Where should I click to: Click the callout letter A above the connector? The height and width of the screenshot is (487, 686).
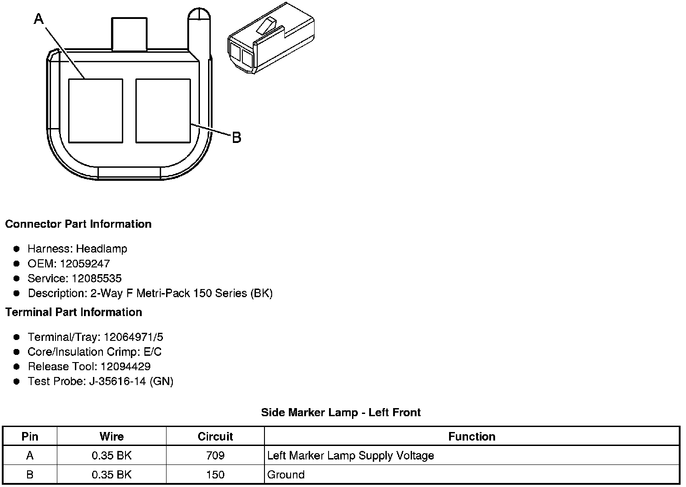[39, 19]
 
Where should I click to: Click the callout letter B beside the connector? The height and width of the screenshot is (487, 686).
[236, 138]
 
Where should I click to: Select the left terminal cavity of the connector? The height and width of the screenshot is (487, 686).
[95, 111]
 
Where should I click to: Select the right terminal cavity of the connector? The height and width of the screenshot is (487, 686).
[163, 111]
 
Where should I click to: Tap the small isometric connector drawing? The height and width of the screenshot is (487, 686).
[269, 39]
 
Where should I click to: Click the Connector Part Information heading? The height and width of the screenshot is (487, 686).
[78, 224]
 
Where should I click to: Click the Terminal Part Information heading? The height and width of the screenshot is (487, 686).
[74, 312]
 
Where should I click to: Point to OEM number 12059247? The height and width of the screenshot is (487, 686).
[85, 263]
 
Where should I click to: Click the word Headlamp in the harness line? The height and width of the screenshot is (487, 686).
[102, 248]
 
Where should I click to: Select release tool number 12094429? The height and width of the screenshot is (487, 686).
[125, 366]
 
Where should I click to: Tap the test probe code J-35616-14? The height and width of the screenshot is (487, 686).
[117, 381]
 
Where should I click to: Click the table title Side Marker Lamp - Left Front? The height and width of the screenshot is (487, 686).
[341, 412]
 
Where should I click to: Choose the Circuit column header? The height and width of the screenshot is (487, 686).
[215, 436]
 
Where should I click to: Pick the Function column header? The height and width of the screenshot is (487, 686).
[472, 436]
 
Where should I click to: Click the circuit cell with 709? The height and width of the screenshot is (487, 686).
[215, 455]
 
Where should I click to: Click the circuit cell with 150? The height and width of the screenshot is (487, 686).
[215, 474]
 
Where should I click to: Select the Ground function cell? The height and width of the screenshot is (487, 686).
[286, 474]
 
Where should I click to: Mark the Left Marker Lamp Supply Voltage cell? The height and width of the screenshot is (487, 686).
[350, 455]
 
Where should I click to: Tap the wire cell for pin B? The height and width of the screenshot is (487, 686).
[111, 474]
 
